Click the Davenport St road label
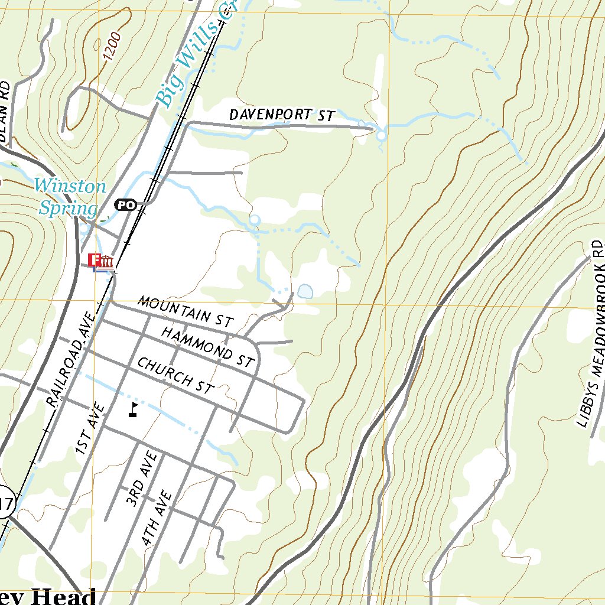282,115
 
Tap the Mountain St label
186,311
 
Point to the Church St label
175,376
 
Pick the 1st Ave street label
90,429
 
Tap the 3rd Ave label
141,479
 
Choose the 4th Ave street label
157,518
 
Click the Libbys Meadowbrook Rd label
591,334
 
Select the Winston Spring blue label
69,197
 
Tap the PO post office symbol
125,205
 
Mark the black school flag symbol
134,409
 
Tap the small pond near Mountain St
305,291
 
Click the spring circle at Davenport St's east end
381,136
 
